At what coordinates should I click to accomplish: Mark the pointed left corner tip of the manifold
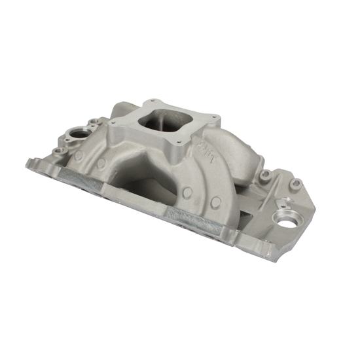pos(29,162)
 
